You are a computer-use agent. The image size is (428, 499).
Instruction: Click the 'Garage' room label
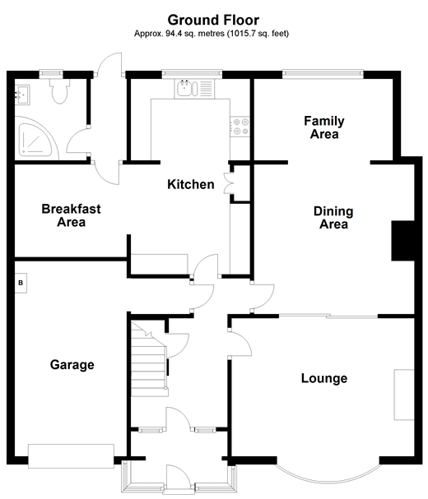[72, 365]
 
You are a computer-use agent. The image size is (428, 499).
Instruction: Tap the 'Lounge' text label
[323, 379]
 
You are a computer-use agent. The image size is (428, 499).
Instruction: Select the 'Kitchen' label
[191, 185]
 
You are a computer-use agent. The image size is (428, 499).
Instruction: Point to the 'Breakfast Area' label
[72, 215]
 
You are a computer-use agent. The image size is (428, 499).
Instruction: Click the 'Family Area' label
[323, 128]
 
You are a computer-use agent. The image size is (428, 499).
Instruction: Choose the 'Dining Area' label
[333, 218]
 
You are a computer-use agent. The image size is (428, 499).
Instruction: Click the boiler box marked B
[21, 284]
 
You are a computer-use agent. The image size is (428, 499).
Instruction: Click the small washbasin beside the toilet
[22, 95]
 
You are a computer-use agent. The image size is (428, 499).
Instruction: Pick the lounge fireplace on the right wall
[403, 395]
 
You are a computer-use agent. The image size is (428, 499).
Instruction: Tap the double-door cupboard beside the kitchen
[235, 183]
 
